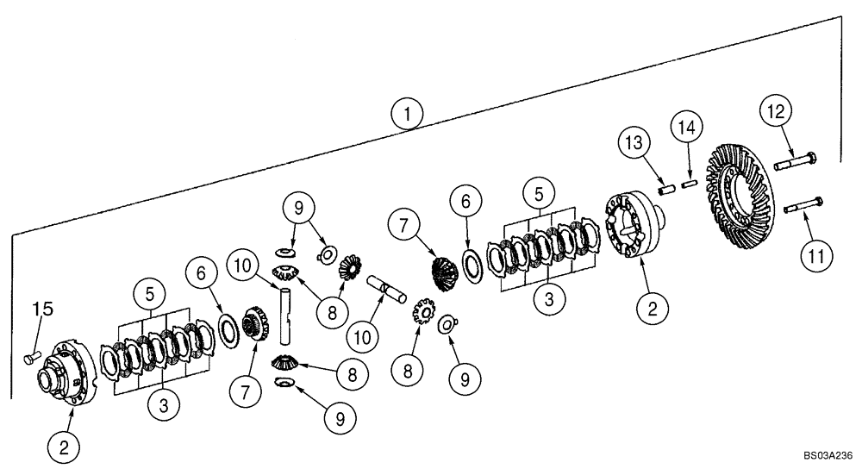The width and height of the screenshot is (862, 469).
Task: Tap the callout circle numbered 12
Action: tap(775, 113)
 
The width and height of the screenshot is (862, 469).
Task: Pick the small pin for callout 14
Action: tap(689, 182)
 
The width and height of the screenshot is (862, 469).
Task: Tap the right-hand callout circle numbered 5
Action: tap(540, 190)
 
